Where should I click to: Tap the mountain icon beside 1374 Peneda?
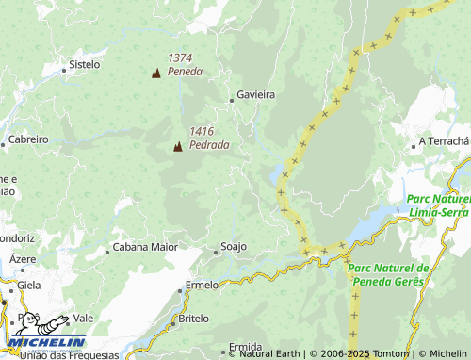click(x=155, y=73)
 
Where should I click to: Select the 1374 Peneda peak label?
click(x=185, y=64)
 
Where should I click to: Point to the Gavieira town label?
click(x=255, y=95)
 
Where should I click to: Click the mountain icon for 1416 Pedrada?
click(x=177, y=146)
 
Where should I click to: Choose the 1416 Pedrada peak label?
click(x=208, y=139)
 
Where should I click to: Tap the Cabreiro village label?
click(x=27, y=139)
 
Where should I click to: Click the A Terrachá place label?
click(x=443, y=141)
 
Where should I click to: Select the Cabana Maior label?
click(x=145, y=248)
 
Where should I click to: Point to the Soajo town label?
click(x=233, y=247)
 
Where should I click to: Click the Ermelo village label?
click(x=202, y=285)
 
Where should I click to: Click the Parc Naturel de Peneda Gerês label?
click(x=388, y=274)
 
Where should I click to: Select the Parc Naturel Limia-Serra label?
click(x=439, y=206)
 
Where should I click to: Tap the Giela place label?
click(x=28, y=284)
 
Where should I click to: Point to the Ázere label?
click(x=23, y=259)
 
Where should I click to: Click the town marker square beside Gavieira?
click(x=232, y=99)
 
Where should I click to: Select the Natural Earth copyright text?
click(x=266, y=354)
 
